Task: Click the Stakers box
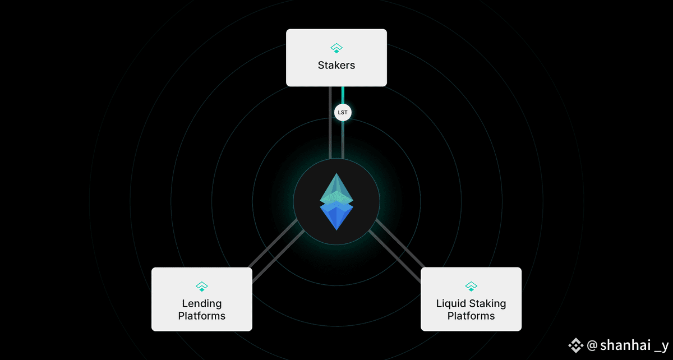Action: point(336,58)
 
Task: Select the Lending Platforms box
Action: point(202,299)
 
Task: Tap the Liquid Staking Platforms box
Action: point(471,299)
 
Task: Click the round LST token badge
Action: point(343,112)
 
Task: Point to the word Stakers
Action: point(336,65)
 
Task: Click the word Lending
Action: point(202,304)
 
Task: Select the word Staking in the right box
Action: point(487,304)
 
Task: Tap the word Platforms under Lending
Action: point(202,316)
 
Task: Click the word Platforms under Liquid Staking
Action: point(471,316)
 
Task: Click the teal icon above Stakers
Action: point(336,48)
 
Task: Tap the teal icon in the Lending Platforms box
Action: point(202,287)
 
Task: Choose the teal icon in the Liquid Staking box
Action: point(471,287)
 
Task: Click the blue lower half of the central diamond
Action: point(336,216)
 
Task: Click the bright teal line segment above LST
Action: point(343,95)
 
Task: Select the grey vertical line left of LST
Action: point(330,123)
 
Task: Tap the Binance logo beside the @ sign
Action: point(575,345)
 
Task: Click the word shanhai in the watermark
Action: point(625,345)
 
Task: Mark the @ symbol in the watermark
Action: point(592,345)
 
